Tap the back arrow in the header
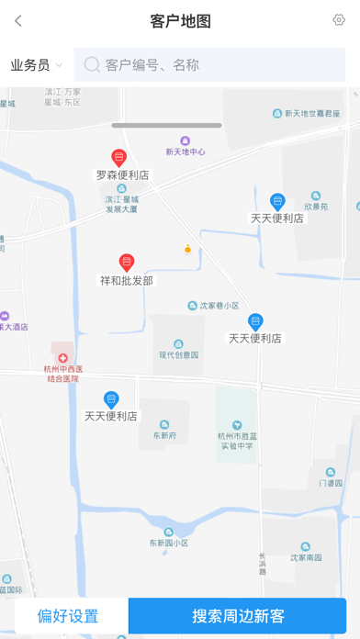click(x=18, y=21)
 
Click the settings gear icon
click(x=339, y=20)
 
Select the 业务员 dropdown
click(x=36, y=65)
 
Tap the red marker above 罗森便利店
click(x=118, y=158)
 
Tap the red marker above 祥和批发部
click(x=127, y=263)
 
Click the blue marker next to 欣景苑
click(x=277, y=202)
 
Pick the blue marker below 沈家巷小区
click(x=255, y=322)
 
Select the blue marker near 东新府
click(x=111, y=399)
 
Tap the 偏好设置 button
click(x=67, y=615)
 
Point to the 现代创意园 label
click(x=178, y=354)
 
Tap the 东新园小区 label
click(x=169, y=543)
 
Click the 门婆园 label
click(x=331, y=482)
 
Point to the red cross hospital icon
click(x=62, y=358)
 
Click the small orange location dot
click(x=187, y=249)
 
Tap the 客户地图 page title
click(x=180, y=21)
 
